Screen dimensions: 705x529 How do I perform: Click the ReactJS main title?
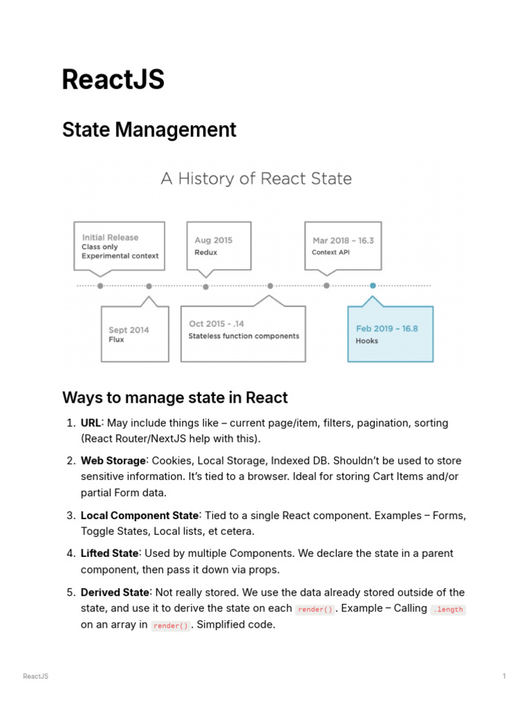113,80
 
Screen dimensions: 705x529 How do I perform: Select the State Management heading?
149,129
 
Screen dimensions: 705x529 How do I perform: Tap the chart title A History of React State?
256,179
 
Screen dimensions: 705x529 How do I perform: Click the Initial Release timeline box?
120,246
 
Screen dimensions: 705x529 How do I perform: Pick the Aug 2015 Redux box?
219,246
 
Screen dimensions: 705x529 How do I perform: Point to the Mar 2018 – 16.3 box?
342,246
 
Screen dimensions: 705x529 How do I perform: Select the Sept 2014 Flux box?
134,334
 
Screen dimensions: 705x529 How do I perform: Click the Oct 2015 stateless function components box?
243,334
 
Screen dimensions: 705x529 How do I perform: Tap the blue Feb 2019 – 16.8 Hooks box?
391,334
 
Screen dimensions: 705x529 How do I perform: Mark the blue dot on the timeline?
373,285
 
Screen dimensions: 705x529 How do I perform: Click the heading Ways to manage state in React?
175,397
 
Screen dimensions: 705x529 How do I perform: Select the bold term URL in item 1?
92,423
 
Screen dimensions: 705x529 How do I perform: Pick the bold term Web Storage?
114,461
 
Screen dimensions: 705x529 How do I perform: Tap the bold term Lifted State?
110,554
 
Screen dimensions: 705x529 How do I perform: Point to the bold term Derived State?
115,592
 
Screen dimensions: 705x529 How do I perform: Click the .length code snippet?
448,609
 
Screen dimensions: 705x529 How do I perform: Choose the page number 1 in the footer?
504,676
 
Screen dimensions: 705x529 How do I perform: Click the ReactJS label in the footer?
36,676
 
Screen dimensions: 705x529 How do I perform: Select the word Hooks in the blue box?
367,341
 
